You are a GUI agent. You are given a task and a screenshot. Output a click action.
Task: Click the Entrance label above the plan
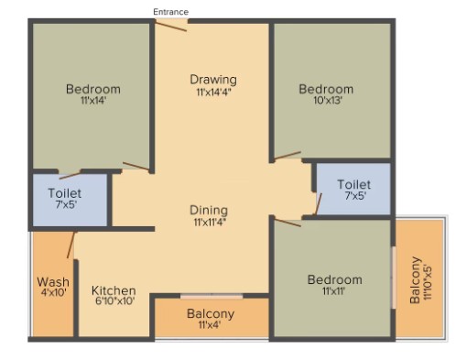click(x=170, y=12)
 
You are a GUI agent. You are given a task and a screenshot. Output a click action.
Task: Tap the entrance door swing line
click(x=170, y=27)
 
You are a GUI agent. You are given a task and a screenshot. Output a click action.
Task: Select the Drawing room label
click(x=213, y=80)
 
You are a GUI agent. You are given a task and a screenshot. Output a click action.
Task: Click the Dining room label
click(x=209, y=210)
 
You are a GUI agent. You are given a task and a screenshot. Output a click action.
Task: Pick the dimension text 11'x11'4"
click(x=210, y=222)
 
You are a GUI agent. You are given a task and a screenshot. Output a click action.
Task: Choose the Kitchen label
click(x=114, y=290)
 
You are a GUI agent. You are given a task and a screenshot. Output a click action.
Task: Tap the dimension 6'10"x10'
click(x=115, y=301)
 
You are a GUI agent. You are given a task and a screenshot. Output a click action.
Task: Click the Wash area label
click(x=53, y=281)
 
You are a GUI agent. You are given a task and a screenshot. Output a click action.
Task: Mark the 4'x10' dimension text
click(x=54, y=292)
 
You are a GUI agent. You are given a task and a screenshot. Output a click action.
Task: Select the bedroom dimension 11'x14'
click(x=93, y=101)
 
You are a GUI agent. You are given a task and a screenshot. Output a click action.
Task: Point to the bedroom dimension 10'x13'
click(x=328, y=100)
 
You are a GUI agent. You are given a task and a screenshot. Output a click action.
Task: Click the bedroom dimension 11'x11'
click(x=333, y=291)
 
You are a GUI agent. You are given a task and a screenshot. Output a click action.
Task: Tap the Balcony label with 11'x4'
click(x=211, y=313)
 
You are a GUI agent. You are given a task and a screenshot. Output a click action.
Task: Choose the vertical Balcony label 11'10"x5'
click(x=415, y=280)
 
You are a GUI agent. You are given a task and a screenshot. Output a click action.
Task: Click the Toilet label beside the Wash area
click(x=65, y=193)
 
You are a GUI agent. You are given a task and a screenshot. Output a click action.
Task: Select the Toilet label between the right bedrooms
click(x=354, y=184)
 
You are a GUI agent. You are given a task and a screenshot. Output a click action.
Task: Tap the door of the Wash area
click(x=71, y=245)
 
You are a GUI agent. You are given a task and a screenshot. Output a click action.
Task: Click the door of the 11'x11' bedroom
click(x=288, y=223)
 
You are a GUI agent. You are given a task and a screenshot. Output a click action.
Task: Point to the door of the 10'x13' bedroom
click(x=288, y=156)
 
